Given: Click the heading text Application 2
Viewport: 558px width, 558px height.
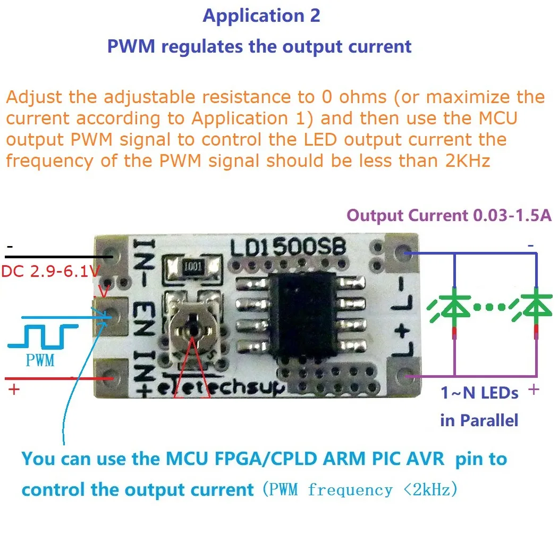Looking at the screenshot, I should pyautogui.click(x=261, y=16).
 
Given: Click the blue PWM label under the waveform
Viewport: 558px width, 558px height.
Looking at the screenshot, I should pyautogui.click(x=40, y=361).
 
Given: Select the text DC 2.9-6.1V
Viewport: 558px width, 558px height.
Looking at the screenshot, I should pyautogui.click(x=50, y=272).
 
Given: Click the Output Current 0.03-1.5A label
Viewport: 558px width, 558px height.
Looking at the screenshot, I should pyautogui.click(x=449, y=216).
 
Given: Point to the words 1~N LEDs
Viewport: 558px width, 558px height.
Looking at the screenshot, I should pyautogui.click(x=479, y=393).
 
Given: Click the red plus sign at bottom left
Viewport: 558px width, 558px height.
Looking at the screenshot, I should pyautogui.click(x=14, y=390).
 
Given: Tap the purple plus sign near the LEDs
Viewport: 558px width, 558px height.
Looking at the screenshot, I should pyautogui.click(x=534, y=390).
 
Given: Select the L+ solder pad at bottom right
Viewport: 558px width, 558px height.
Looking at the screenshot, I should pyautogui.click(x=405, y=377).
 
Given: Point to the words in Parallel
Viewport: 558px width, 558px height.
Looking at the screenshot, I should pyautogui.click(x=479, y=420).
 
